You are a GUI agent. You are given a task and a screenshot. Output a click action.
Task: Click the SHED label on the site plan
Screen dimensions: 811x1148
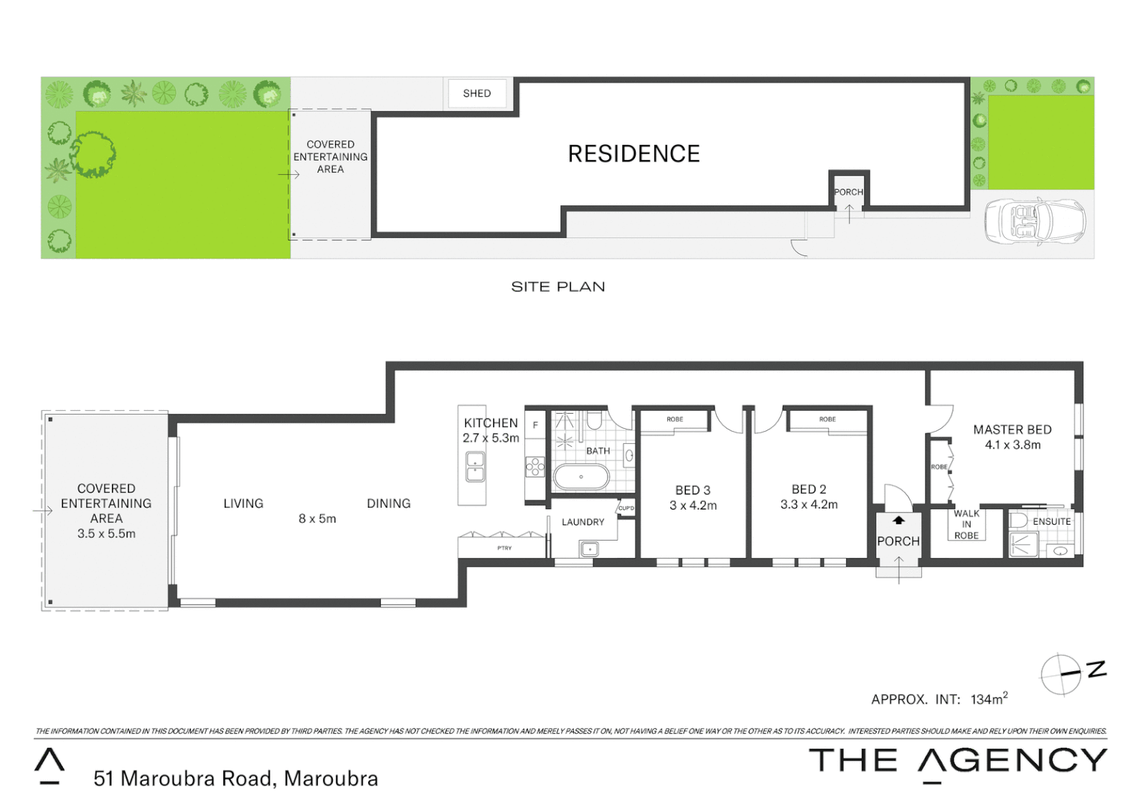pos(476,93)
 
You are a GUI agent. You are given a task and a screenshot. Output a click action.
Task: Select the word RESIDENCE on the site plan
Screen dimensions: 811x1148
pos(633,154)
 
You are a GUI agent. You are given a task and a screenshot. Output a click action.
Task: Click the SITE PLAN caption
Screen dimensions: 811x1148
pos(557,287)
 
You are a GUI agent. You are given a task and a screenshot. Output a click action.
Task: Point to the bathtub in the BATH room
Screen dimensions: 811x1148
pos(581,477)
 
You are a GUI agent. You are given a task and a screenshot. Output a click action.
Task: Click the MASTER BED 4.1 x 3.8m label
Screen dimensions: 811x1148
pos(1012,437)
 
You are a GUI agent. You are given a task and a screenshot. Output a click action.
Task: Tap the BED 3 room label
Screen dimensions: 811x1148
pos(693,490)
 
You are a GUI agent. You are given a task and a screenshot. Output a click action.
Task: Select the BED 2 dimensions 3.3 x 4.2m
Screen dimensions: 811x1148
pos(808,505)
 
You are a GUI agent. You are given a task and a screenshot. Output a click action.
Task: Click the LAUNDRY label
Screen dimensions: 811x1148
pos(582,522)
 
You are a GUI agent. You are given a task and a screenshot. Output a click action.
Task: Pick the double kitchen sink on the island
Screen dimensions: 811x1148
pos(475,466)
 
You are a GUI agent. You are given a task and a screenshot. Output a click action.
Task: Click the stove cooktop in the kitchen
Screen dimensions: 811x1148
pos(535,467)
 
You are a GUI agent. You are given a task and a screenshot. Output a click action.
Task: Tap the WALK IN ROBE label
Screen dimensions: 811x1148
pos(966,524)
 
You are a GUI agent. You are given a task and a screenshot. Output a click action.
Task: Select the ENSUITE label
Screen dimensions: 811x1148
pos(1051,521)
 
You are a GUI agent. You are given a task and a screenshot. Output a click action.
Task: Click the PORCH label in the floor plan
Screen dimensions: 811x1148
pos(898,541)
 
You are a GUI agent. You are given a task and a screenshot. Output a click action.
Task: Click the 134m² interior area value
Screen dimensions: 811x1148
pos(989,699)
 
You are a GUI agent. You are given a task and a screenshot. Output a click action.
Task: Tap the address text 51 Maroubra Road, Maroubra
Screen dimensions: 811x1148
pos(235,779)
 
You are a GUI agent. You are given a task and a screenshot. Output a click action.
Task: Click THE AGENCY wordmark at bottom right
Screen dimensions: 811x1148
pos(957,761)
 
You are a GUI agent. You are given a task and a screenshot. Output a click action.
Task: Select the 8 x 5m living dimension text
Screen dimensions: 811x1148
pos(317,518)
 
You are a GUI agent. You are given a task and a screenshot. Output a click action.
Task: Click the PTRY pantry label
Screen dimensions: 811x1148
pos(504,548)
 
